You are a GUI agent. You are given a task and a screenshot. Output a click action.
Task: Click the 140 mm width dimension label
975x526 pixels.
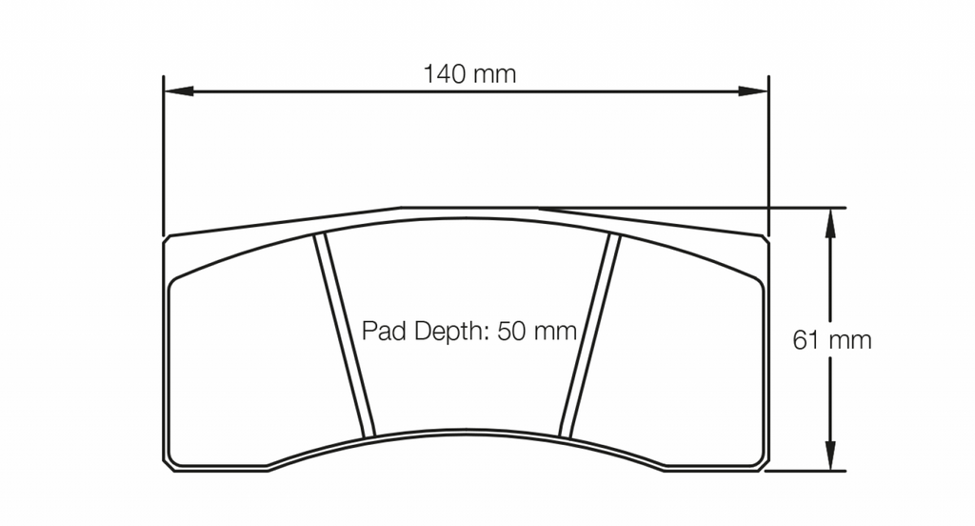[469, 74]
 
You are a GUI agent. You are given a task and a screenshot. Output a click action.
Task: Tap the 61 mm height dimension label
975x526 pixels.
[832, 340]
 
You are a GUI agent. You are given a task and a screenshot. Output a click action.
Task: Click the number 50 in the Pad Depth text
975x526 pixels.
[512, 332]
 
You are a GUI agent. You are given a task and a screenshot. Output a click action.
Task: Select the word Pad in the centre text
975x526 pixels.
[381, 332]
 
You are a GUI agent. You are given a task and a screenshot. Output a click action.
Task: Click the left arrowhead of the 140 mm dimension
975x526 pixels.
[178, 91]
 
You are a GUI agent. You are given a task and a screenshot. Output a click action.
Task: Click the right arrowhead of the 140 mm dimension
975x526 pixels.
[754, 91]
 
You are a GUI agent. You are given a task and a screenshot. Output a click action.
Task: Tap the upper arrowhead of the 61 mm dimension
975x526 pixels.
[829, 223]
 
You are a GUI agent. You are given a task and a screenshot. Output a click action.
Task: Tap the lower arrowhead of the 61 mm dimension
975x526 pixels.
[829, 455]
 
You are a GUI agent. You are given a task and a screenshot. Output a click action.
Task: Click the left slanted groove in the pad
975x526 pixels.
[345, 334]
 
